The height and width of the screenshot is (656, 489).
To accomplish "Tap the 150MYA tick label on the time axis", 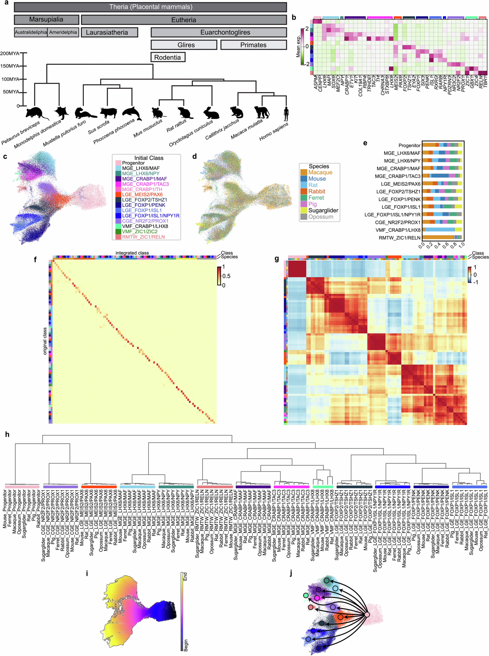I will pos(10,66).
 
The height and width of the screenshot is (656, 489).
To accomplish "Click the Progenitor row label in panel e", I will pos(409,145).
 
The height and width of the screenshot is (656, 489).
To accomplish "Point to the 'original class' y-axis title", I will pos(45,341).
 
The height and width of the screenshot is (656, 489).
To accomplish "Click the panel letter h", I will pos(7,435).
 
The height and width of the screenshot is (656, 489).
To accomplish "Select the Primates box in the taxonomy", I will pos(253,45).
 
